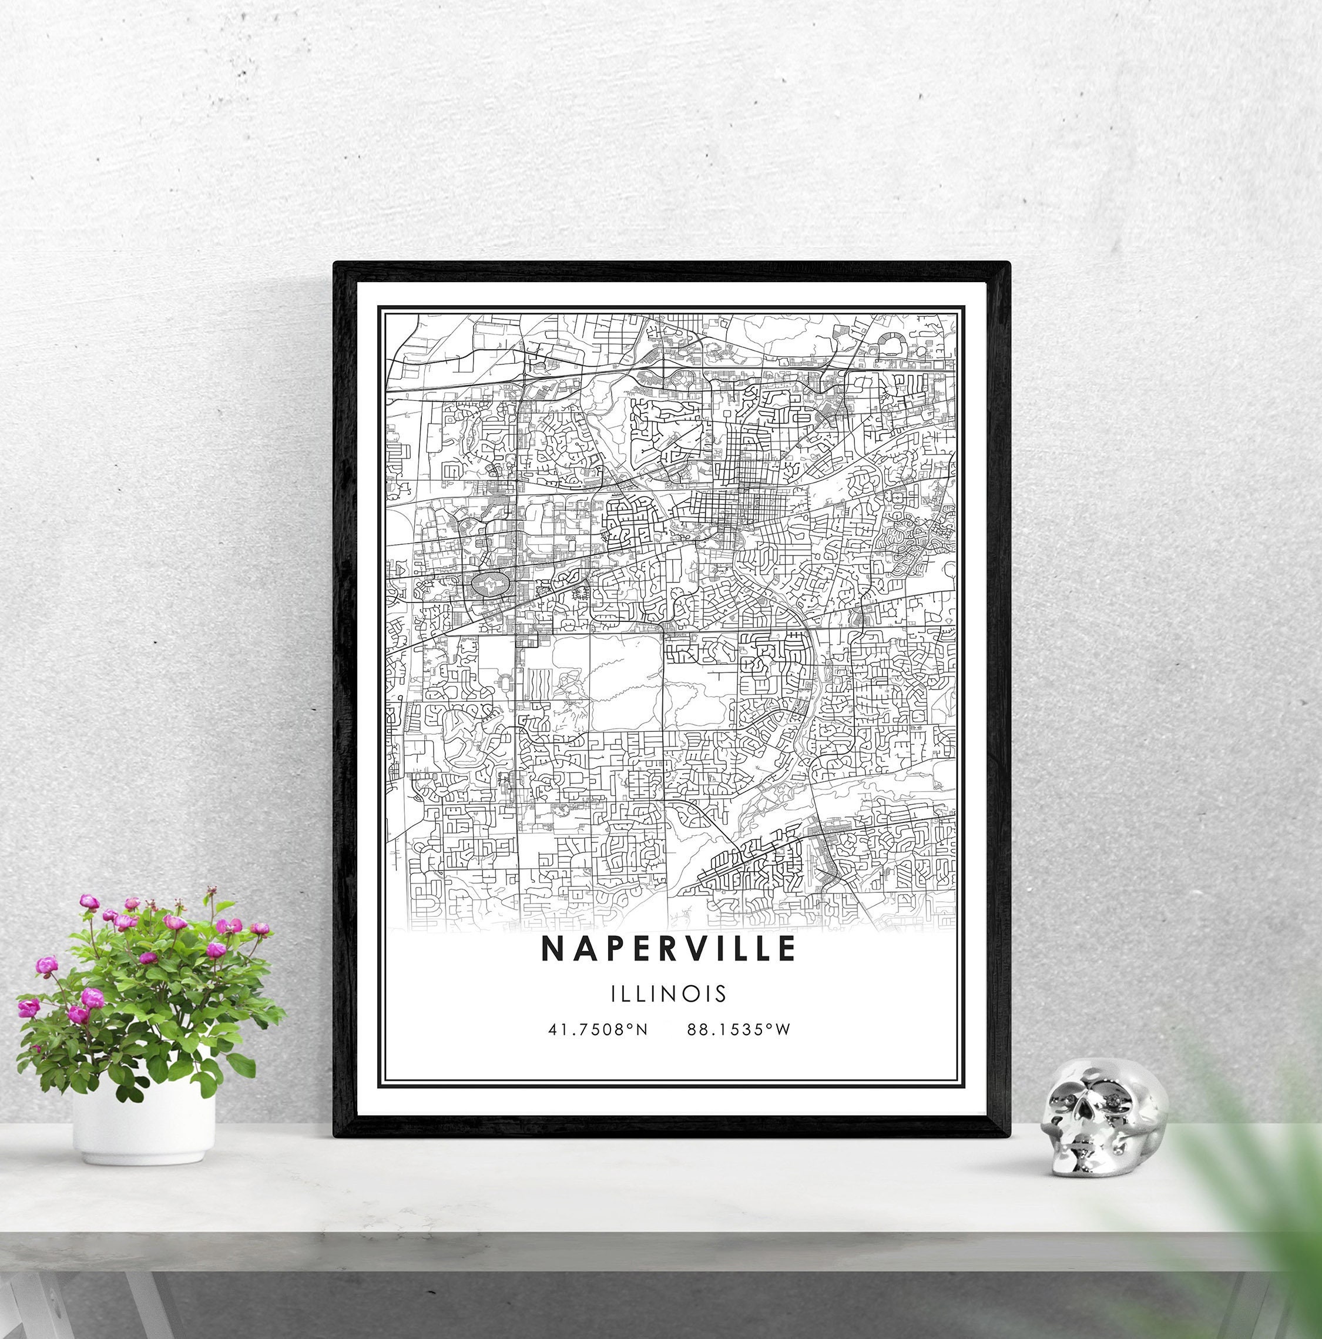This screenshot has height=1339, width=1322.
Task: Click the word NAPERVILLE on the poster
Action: [x=668, y=949]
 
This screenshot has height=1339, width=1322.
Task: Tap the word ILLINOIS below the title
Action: [x=669, y=994]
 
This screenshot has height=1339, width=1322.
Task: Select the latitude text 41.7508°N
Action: [x=598, y=1030]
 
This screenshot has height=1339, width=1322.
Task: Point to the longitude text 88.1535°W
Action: [x=739, y=1030]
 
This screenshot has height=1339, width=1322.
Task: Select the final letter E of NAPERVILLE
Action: [x=787, y=949]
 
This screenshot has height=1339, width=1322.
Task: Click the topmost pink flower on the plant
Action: [x=89, y=902]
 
